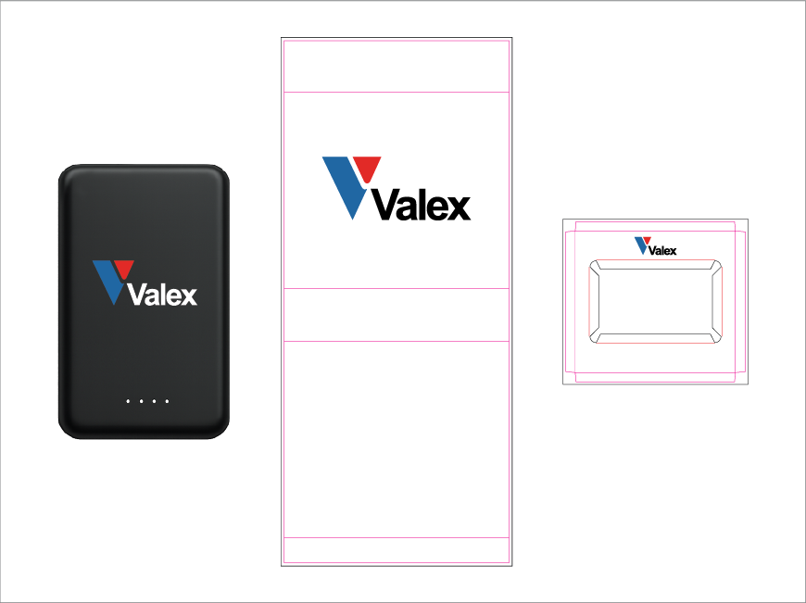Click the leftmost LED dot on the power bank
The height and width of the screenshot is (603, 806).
point(128,401)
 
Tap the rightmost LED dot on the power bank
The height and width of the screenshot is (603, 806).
point(167,401)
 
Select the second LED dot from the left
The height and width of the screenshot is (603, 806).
point(141,401)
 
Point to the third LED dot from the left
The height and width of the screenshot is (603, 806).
point(154,401)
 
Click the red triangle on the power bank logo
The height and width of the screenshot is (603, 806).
point(124,269)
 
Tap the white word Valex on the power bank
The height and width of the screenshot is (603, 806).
point(162,295)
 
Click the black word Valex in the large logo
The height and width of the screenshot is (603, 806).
point(421,205)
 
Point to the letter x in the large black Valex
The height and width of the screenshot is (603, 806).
point(458,207)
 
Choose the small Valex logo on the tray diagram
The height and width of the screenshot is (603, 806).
point(655,246)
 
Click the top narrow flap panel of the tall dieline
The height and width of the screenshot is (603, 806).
point(397,67)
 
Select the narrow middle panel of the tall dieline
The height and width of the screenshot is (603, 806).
point(397,315)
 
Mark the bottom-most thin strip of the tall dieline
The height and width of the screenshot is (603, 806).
point(397,550)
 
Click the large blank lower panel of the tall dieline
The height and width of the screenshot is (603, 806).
point(397,440)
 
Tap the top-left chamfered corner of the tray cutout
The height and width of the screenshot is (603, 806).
point(595,266)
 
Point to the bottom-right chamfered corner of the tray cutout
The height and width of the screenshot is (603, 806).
point(716,337)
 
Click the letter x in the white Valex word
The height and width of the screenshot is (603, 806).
point(189,296)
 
